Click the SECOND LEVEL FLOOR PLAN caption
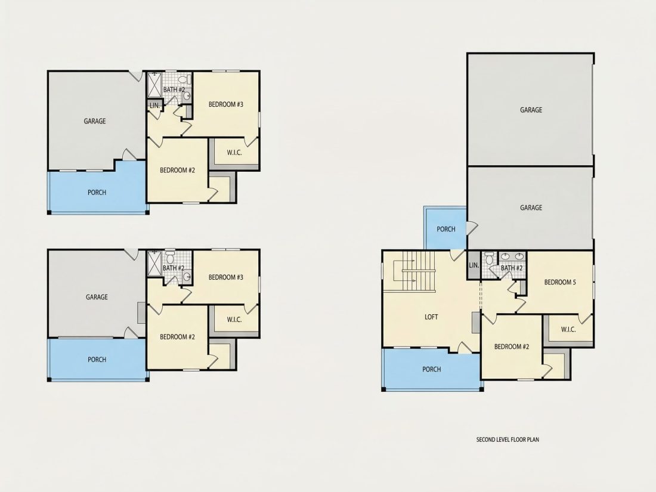tap(508, 440)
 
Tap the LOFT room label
tap(431, 317)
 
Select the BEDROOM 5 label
tap(560, 283)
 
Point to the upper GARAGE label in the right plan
tap(531, 110)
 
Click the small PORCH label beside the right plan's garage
tap(446, 229)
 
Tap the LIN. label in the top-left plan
tap(155, 106)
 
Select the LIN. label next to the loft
tap(474, 265)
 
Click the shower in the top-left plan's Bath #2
tap(155, 85)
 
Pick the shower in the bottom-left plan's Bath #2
tap(154, 264)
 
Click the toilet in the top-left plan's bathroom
tap(183, 79)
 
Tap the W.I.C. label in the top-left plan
tap(234, 153)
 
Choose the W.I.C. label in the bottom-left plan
tap(234, 320)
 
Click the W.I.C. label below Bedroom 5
tap(568, 329)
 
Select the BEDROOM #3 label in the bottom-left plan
tap(225, 277)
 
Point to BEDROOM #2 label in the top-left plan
tap(177, 171)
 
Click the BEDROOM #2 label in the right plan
tap(512, 347)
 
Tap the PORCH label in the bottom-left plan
tap(97, 360)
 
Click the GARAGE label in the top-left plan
tap(95, 121)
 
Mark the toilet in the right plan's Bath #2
tap(489, 259)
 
